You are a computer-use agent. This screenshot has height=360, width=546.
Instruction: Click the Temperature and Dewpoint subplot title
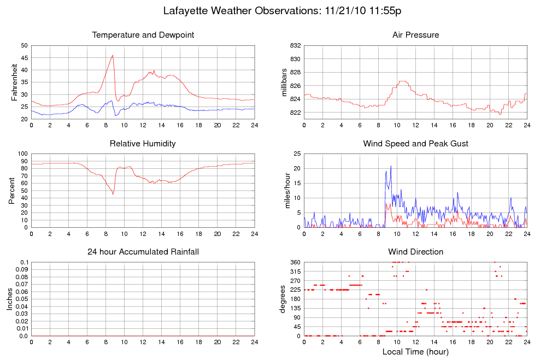(x=143, y=35)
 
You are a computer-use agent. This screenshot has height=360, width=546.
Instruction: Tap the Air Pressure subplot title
(x=415, y=35)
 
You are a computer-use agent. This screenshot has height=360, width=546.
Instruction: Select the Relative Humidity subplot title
(x=143, y=144)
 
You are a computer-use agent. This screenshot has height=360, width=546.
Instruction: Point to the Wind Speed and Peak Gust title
(x=415, y=144)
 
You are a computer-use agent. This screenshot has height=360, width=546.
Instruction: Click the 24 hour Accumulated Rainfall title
(x=143, y=252)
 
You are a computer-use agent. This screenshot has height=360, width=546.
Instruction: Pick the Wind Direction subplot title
(x=415, y=252)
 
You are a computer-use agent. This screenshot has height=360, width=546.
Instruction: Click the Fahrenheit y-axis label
(x=15, y=82)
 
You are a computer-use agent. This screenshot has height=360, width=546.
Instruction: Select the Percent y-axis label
(x=11, y=190)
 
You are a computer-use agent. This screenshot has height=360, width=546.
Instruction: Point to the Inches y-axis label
(x=9, y=299)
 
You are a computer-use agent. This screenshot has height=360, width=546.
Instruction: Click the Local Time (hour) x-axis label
(x=415, y=352)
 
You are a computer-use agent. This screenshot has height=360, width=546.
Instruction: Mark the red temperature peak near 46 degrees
(x=113, y=55)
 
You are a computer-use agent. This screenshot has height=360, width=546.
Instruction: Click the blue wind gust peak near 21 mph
(x=391, y=166)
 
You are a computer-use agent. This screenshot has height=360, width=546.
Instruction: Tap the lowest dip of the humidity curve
(x=113, y=194)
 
